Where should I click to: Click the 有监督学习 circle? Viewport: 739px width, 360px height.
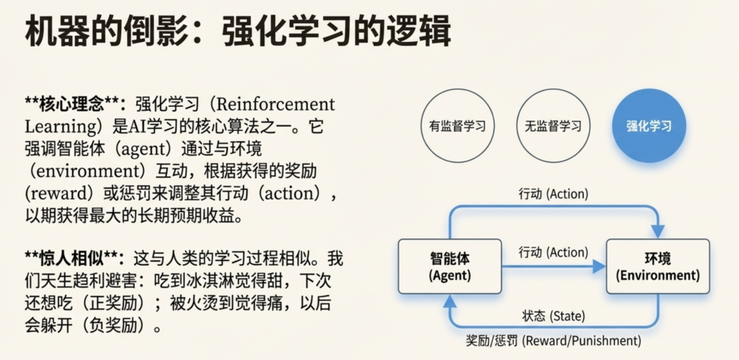tap(458, 126)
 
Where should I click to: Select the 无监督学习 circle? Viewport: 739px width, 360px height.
tap(553, 126)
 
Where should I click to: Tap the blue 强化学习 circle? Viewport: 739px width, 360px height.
tap(649, 126)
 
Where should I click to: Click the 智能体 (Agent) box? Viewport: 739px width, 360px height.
tap(450, 267)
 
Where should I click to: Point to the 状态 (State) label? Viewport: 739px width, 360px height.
tap(554, 316)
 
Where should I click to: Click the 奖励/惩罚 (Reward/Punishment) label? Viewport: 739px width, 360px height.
tap(554, 341)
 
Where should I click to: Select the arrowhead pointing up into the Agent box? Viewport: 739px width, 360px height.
tap(450, 300)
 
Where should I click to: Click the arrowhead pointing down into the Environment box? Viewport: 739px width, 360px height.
tap(658, 231)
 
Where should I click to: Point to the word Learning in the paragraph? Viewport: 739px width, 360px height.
tap(57, 127)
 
